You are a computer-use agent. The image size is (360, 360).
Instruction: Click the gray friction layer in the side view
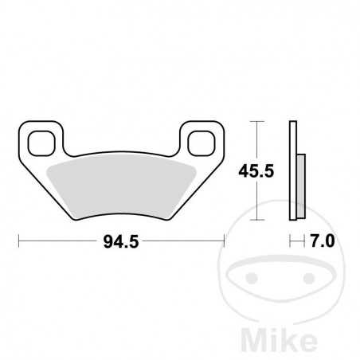(299, 182)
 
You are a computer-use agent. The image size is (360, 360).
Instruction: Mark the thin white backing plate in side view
(292, 171)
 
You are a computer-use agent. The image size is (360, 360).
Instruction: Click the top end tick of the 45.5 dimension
(255, 121)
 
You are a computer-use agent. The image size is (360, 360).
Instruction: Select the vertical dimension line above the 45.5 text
(255, 139)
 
